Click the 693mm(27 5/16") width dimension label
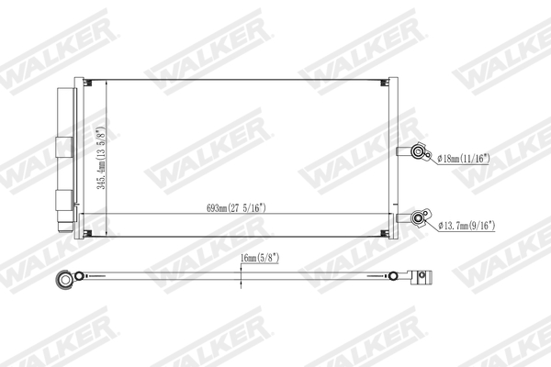(236, 207)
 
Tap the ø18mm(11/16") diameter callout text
(465, 159)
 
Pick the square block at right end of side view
(423, 275)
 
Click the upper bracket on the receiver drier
(63, 146)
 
